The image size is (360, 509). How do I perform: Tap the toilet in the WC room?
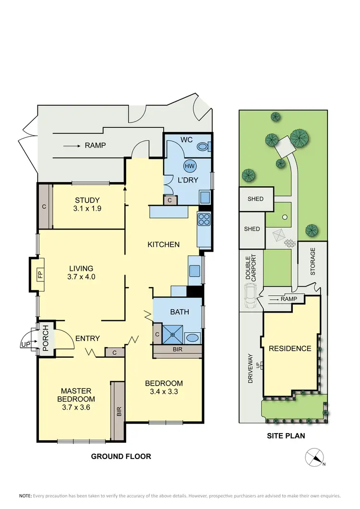tap(204, 147)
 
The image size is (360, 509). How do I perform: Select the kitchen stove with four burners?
tap(204, 219)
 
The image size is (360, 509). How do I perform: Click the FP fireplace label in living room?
tap(40, 275)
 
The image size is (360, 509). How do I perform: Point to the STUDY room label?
tap(87, 200)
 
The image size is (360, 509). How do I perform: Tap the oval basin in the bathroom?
tap(193, 338)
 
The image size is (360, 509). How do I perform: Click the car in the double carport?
tap(251, 295)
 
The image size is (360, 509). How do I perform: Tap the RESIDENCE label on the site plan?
tap(289, 349)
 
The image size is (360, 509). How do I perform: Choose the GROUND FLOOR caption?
tap(121, 456)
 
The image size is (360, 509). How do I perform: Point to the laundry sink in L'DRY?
tap(204, 197)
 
